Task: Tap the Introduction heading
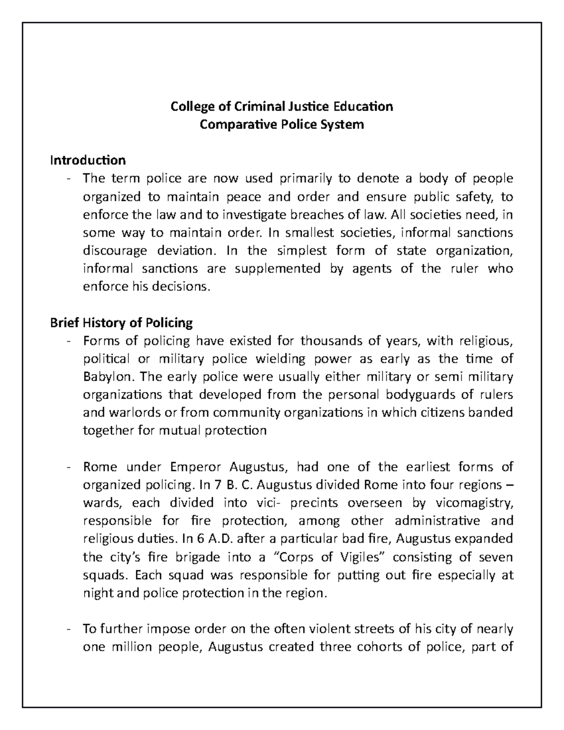(88, 160)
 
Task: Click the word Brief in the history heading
(64, 323)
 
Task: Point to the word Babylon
(103, 377)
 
